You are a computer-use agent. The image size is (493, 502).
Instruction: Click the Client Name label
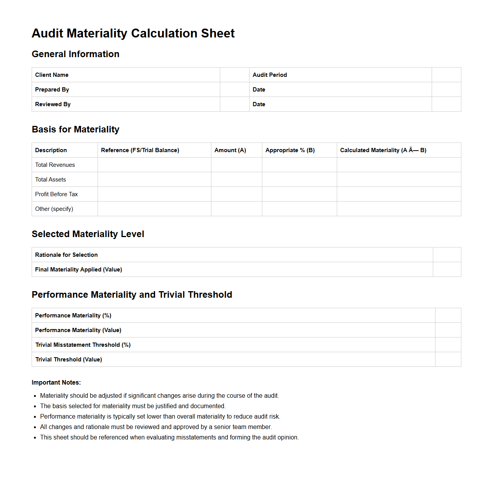tap(52, 75)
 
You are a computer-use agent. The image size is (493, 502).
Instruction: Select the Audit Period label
tap(270, 75)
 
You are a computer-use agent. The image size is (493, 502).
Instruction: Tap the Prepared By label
tap(52, 90)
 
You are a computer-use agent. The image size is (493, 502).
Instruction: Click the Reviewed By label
tap(53, 104)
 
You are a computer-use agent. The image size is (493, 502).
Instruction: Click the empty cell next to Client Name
tap(235, 75)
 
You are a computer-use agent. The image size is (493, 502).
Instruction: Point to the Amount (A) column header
tap(230, 150)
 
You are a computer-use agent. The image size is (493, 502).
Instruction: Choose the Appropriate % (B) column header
tap(290, 150)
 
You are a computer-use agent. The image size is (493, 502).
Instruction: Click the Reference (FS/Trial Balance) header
tap(140, 150)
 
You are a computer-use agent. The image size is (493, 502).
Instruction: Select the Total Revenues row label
tap(55, 165)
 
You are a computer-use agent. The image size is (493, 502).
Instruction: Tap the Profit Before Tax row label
tap(56, 194)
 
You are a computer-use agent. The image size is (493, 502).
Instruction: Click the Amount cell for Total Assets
tap(236, 180)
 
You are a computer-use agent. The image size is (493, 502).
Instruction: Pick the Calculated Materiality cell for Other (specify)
tap(398, 209)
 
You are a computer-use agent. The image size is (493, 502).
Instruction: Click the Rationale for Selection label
tap(66, 255)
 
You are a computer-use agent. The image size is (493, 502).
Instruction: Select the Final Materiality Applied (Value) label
tap(78, 270)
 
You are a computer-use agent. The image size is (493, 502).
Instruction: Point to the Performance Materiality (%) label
tap(73, 315)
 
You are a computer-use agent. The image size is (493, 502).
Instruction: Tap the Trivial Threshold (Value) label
tap(69, 360)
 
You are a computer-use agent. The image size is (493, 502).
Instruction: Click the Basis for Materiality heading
tap(76, 129)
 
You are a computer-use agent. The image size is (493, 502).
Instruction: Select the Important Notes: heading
tap(56, 383)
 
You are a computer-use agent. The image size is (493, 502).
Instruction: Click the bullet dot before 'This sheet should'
tap(35, 438)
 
